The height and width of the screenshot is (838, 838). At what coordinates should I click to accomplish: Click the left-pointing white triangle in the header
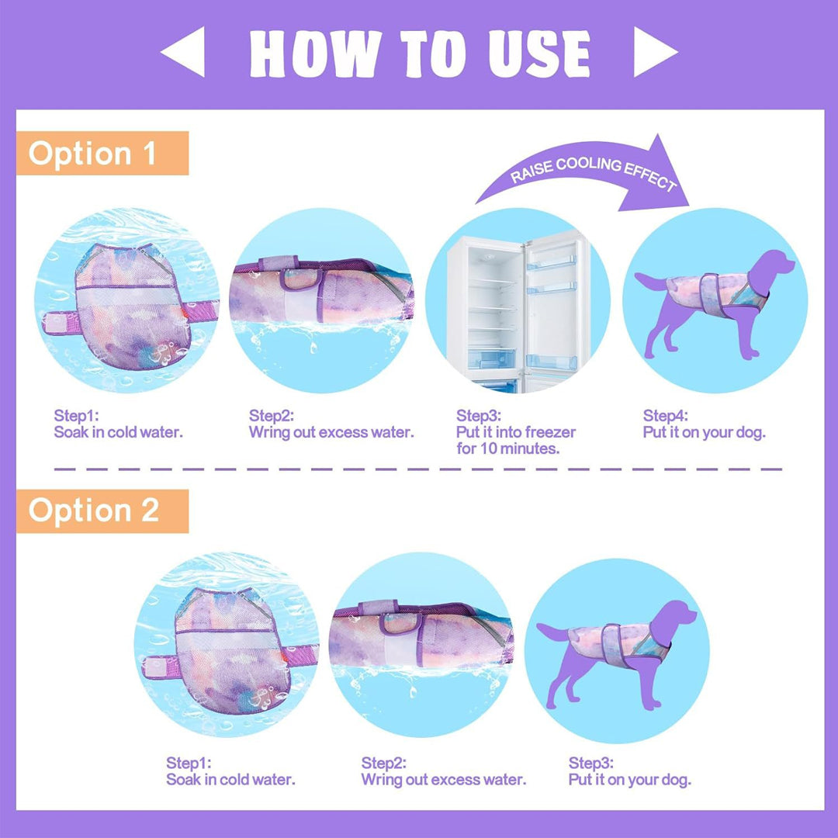pos(187,52)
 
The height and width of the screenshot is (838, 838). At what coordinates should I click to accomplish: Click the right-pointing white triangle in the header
pos(651,52)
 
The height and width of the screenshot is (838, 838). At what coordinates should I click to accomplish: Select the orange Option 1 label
pos(102,154)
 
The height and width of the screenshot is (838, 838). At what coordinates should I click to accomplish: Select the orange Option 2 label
pos(102,511)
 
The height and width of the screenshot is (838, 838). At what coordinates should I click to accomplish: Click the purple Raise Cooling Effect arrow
pos(588,170)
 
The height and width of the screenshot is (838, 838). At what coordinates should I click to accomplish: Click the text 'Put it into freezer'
pos(516,432)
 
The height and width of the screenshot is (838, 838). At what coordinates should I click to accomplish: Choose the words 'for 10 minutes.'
pos(507,448)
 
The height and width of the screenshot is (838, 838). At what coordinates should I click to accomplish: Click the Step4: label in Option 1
pos(666,415)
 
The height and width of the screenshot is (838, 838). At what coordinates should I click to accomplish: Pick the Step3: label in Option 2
pos(591,763)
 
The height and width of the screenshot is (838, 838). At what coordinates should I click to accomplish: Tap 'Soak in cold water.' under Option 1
pos(118,432)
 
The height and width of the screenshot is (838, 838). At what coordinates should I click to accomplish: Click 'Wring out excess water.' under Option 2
pos(444,779)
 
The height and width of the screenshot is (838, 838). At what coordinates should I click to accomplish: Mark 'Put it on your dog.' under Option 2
pos(629,779)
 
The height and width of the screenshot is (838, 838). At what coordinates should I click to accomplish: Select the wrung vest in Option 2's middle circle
pos(421,633)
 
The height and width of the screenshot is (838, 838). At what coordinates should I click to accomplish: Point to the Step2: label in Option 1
pos(272,415)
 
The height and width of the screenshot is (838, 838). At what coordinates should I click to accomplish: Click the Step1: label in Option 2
pos(189,763)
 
